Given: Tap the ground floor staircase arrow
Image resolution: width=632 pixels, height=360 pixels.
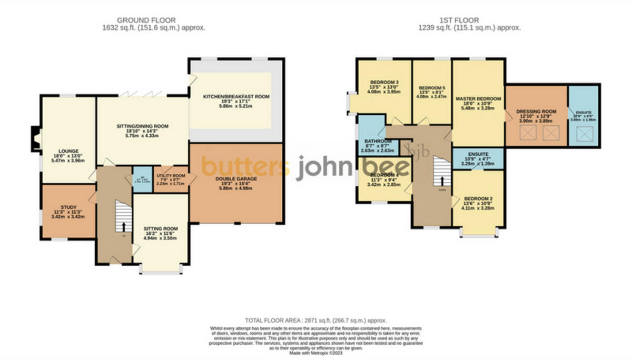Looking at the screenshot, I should pos(124,227).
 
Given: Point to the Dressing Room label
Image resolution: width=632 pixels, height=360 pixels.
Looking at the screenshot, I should pos(536,112).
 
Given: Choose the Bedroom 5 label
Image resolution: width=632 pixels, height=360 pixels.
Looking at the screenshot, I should pos(431,88).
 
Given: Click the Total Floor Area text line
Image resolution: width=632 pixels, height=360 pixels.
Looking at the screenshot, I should pos(316,320).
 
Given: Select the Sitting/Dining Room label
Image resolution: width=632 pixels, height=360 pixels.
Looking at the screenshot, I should pos(142,126).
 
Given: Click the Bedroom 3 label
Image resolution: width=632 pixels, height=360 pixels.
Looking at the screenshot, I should pos(383,82).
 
